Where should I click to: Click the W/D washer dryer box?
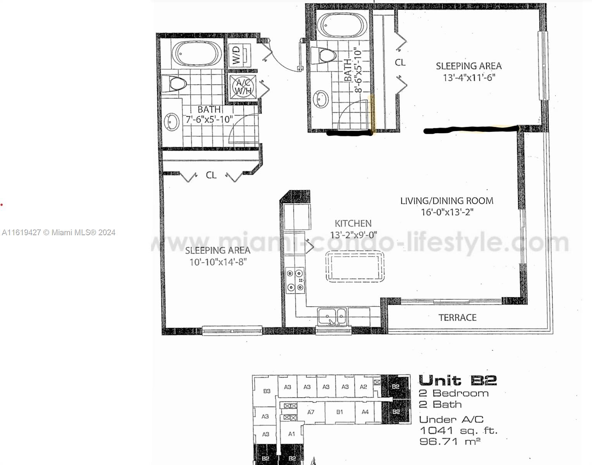(x=239, y=55)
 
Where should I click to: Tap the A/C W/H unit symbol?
(x=243, y=87)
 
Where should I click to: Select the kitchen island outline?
(x=355, y=267)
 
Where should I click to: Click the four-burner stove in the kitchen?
(x=295, y=280)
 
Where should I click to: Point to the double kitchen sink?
(x=332, y=317)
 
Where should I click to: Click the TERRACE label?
(x=458, y=318)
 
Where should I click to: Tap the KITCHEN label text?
(x=353, y=223)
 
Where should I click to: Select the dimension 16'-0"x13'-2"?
(x=447, y=212)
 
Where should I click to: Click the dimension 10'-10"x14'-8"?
(x=218, y=262)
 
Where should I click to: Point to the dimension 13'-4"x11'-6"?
(x=469, y=77)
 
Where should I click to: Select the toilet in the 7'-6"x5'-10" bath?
(x=174, y=83)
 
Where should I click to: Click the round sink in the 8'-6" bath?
(x=321, y=100)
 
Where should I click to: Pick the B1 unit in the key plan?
(x=340, y=412)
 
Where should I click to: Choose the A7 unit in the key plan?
(x=311, y=412)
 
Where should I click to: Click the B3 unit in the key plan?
(x=267, y=391)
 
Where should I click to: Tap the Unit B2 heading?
(x=458, y=380)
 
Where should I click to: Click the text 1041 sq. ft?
(x=458, y=431)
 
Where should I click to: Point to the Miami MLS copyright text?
(x=59, y=232)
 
